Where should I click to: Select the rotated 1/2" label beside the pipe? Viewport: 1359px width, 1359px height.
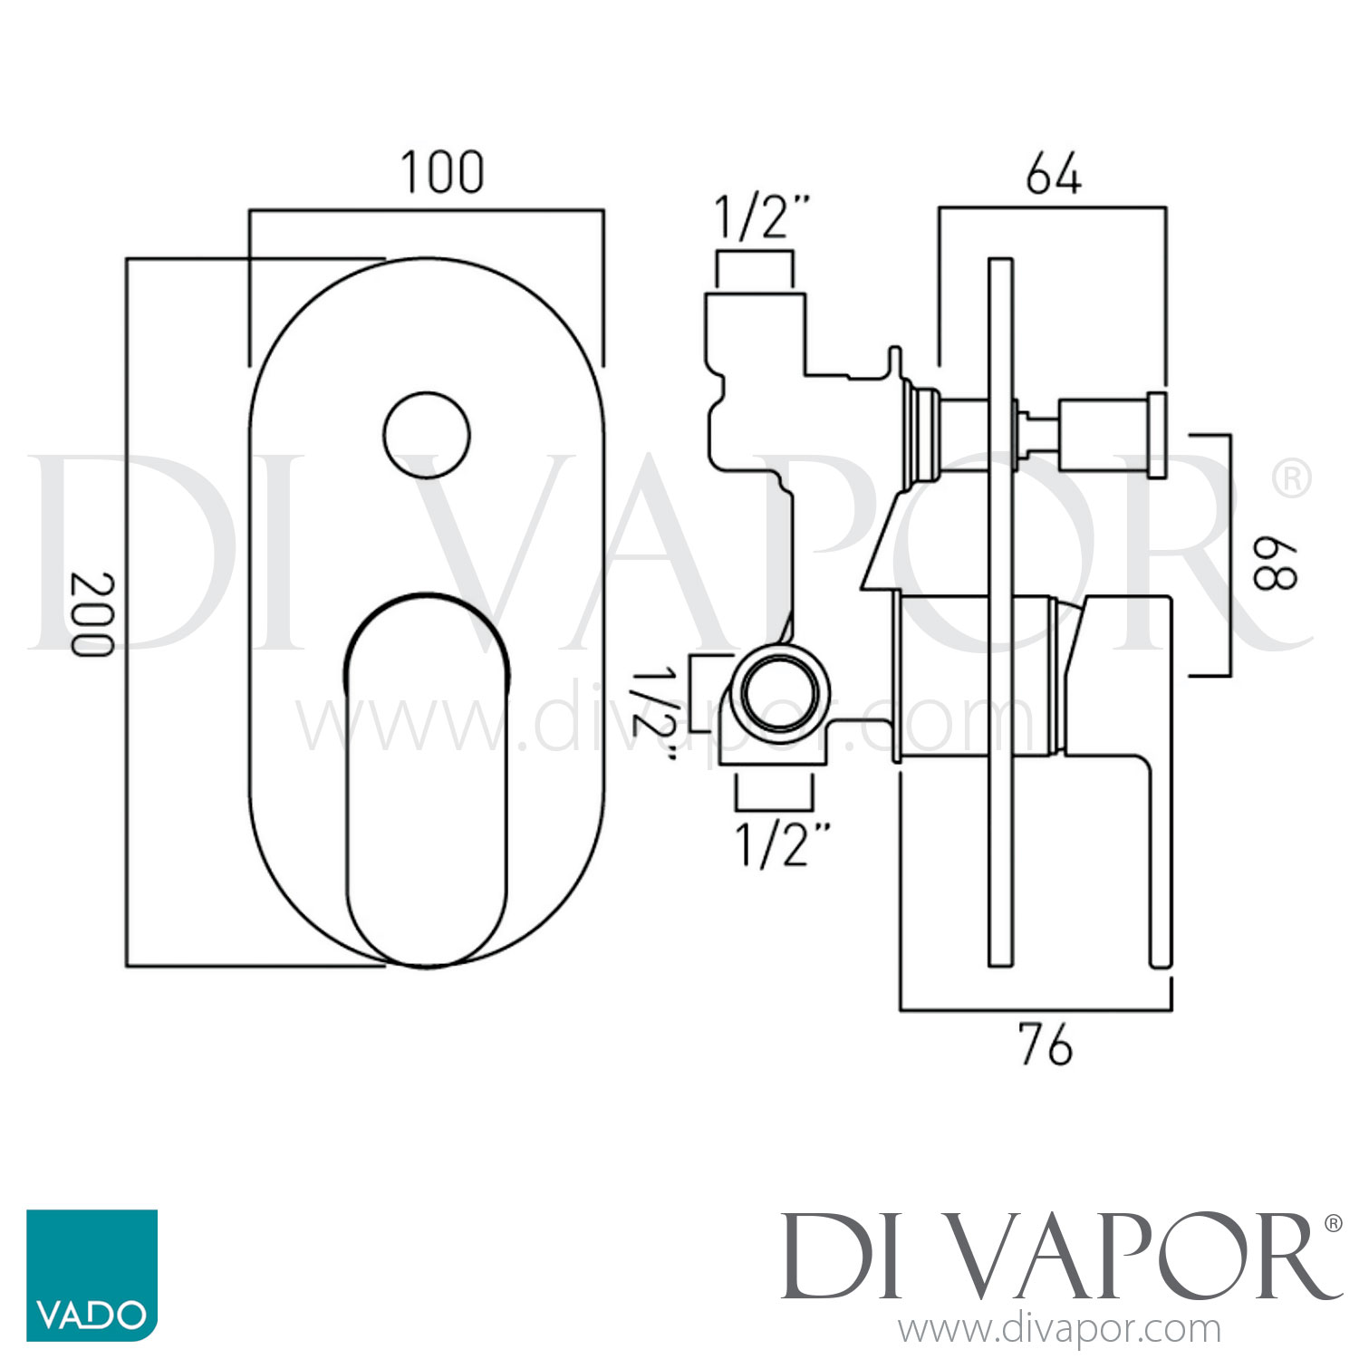pyautogui.click(x=652, y=716)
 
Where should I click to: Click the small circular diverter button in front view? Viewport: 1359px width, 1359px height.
pyautogui.click(x=427, y=436)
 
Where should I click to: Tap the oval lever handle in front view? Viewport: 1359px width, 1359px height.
pyautogui.click(x=427, y=779)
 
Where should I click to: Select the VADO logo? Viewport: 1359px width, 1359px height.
pyautogui.click(x=92, y=1275)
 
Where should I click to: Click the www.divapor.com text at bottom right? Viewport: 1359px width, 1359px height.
pyautogui.click(x=1059, y=1330)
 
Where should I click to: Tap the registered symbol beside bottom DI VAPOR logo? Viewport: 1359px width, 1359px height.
pyautogui.click(x=1333, y=1224)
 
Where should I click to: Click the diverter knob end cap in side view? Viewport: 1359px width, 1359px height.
pyautogui.click(x=1157, y=435)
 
